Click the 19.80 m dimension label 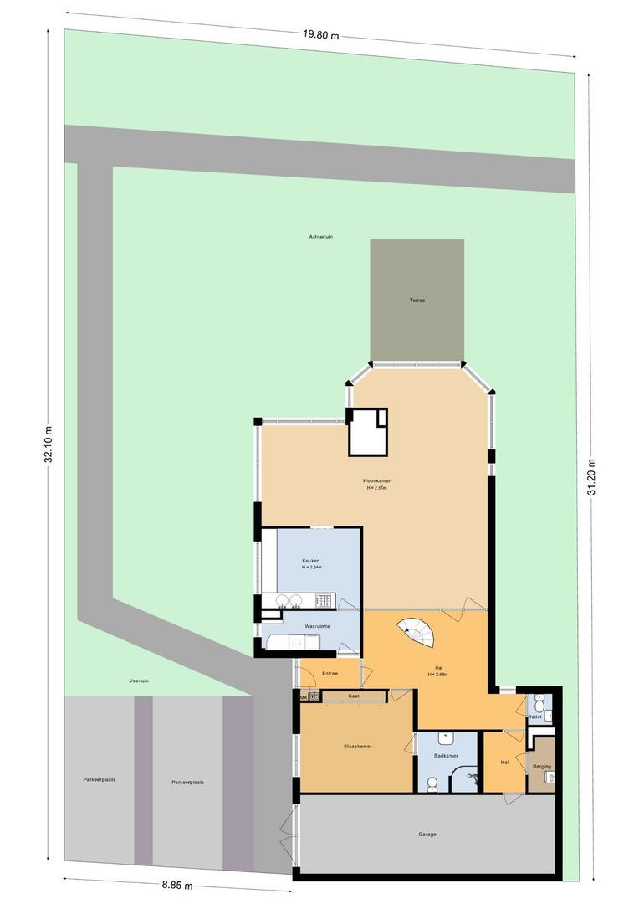[x=322, y=34]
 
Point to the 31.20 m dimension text [x=591, y=478]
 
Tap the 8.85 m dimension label [x=177, y=885]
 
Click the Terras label [x=417, y=300]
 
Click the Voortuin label [x=139, y=681]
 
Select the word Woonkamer [x=376, y=480]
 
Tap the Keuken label [x=310, y=560]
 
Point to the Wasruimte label [x=316, y=625]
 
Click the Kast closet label [x=354, y=696]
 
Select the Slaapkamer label [x=357, y=745]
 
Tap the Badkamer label [x=446, y=755]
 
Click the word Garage [x=427, y=834]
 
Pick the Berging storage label [x=541, y=766]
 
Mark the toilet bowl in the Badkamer [x=432, y=783]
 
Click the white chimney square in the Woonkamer [x=369, y=432]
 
